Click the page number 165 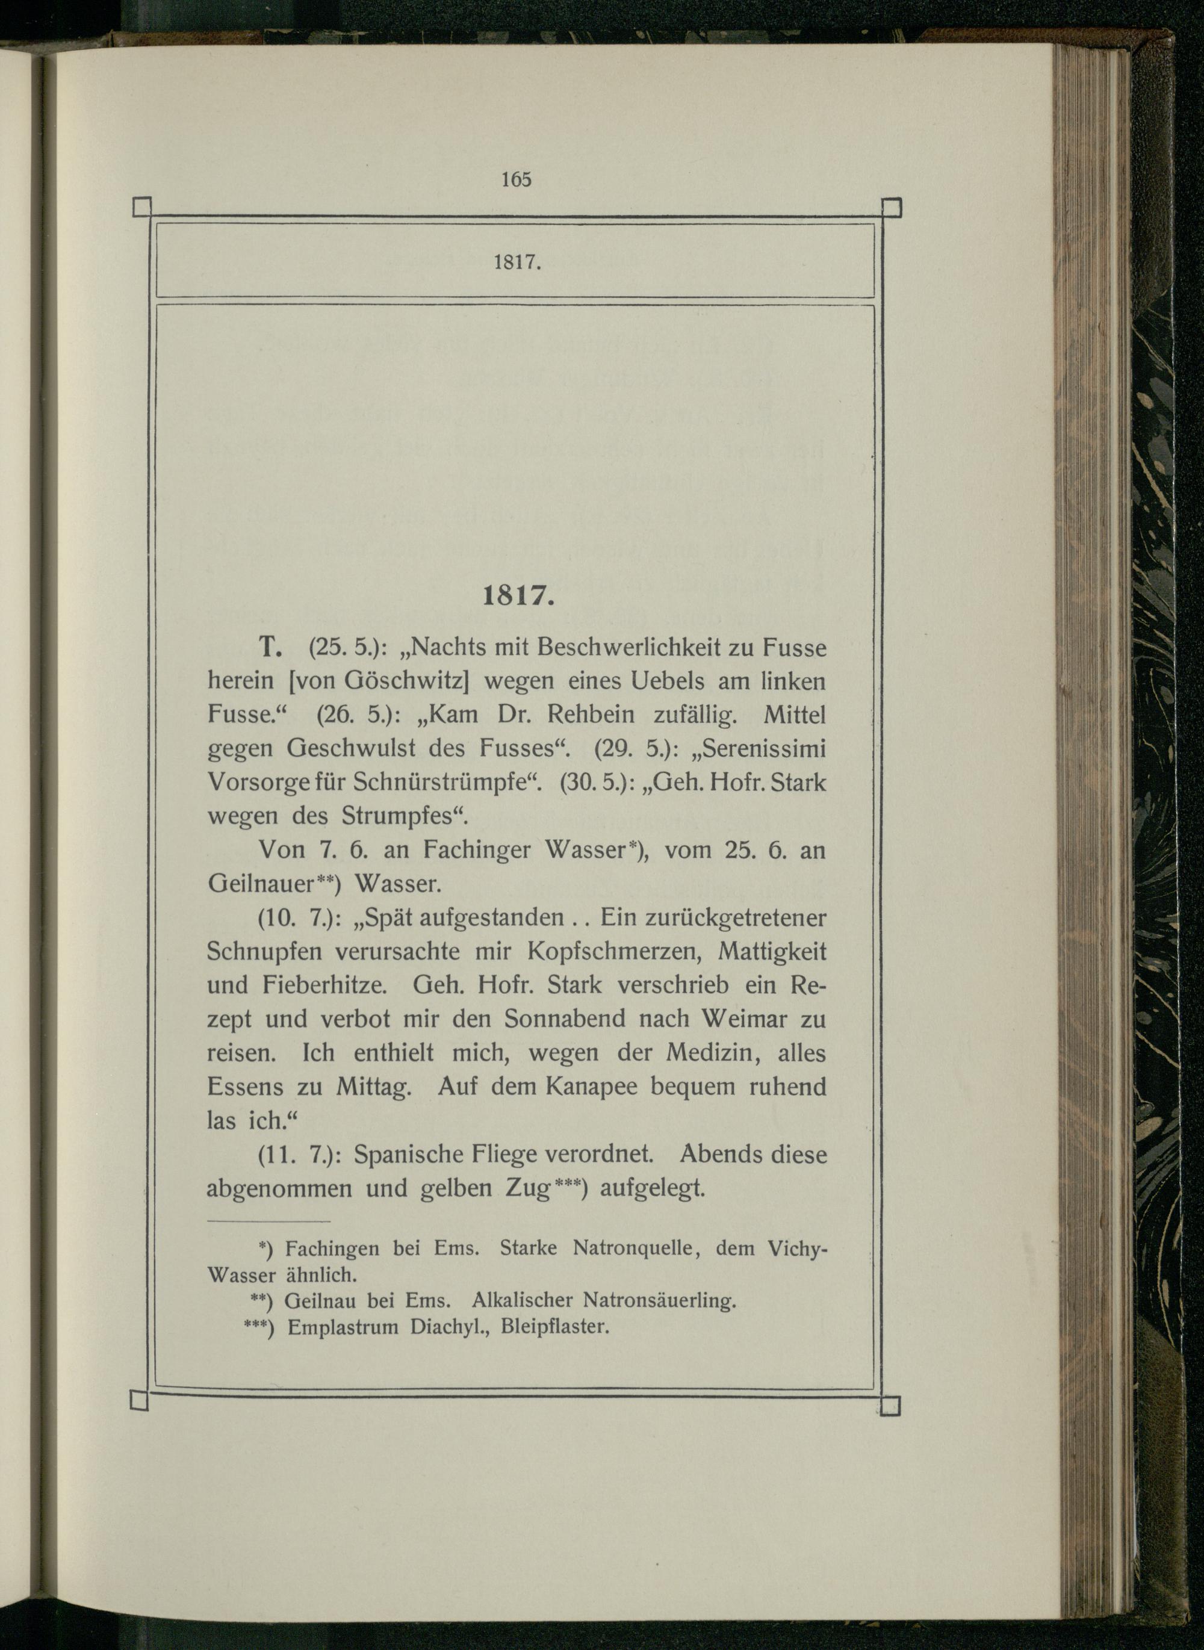pos(516,179)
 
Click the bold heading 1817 pos(518,598)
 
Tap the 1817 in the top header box pos(517,262)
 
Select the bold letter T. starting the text pos(270,647)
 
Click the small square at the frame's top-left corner pos(142,208)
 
